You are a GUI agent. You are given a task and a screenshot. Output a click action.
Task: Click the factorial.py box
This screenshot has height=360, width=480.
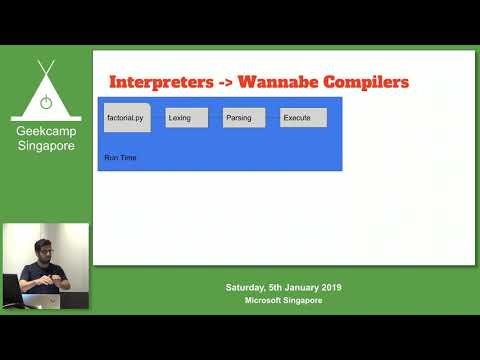(x=126, y=118)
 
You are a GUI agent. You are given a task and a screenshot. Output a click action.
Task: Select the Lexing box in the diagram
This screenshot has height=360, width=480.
(x=187, y=118)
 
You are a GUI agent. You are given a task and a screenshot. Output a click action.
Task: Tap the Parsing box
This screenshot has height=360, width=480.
(x=244, y=118)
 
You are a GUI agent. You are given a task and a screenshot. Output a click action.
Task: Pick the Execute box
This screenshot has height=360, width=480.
(x=302, y=118)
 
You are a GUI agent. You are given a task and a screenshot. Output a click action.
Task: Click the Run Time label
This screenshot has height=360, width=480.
(x=120, y=158)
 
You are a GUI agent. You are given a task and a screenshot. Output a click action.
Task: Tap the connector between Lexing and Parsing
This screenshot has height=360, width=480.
(x=215, y=118)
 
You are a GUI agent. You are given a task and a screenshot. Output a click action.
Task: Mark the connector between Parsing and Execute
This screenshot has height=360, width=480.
(x=272, y=118)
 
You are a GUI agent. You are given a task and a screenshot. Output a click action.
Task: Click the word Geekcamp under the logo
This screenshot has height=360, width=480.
(x=45, y=131)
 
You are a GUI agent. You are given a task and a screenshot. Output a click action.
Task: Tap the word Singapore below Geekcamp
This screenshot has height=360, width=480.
(x=45, y=146)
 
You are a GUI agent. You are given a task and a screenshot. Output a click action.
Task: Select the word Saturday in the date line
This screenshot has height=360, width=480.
(x=247, y=288)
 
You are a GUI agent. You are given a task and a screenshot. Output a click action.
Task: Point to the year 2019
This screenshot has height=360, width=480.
(x=330, y=288)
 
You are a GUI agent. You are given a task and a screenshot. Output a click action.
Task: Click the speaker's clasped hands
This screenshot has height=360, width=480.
(x=61, y=283)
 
